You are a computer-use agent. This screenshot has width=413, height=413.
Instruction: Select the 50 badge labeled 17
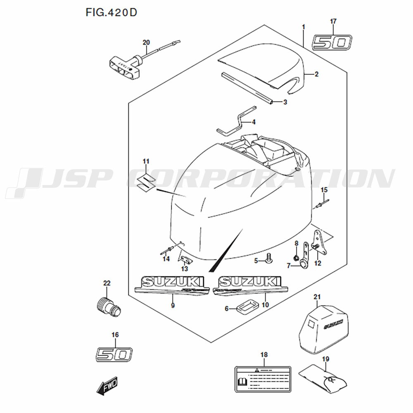coord(332,43)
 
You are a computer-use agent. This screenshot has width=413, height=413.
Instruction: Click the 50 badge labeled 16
coord(114,354)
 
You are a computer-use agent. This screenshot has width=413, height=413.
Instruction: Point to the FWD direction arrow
coord(107,387)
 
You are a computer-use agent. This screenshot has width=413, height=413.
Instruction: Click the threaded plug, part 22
coord(107,306)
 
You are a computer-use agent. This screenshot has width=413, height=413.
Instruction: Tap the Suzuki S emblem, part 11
coord(146,180)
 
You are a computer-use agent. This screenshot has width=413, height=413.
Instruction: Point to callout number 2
coord(317,74)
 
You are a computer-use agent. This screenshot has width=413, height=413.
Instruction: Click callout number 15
coord(324,190)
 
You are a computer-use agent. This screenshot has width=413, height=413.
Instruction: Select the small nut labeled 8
coord(296,259)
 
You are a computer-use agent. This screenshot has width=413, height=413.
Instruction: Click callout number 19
coord(325,359)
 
